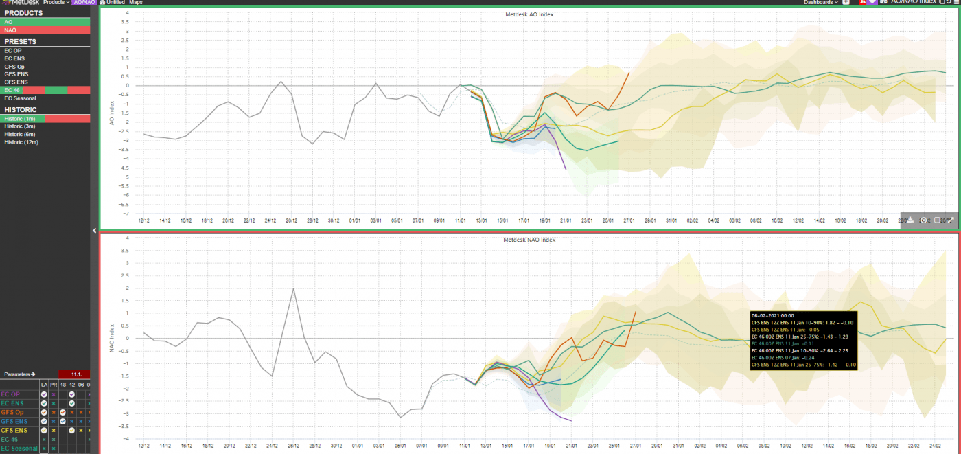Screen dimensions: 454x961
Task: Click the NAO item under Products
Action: pos(10,30)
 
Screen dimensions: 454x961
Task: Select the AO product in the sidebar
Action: pos(8,22)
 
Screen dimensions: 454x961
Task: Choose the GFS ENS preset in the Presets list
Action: pos(16,74)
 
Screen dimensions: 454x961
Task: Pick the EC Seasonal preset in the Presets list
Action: pos(20,98)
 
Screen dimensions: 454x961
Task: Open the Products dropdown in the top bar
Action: pos(56,3)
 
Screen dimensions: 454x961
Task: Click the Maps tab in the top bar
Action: pos(136,3)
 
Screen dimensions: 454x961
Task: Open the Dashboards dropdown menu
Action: pos(822,3)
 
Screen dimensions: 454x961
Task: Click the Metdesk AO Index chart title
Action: pos(529,14)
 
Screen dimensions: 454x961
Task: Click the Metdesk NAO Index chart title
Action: pos(529,240)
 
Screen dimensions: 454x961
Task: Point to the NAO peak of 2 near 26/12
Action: pos(294,288)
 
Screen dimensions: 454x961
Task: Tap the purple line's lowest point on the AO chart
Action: pos(566,169)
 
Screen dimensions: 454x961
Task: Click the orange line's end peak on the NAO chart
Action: pos(635,312)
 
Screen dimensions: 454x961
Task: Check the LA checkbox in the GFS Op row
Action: pos(44,412)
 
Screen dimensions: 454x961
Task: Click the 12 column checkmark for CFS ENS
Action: pos(71,430)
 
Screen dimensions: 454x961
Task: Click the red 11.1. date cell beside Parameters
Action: pos(75,374)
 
